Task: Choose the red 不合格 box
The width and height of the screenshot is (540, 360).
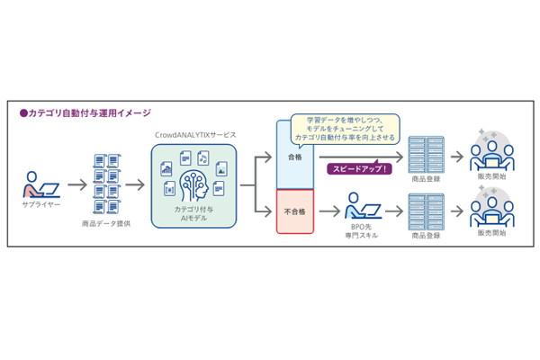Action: click(x=294, y=211)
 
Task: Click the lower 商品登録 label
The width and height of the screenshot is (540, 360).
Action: click(x=426, y=234)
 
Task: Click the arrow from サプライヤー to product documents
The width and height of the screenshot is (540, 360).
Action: click(x=76, y=184)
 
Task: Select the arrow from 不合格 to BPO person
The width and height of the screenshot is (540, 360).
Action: click(x=329, y=211)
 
